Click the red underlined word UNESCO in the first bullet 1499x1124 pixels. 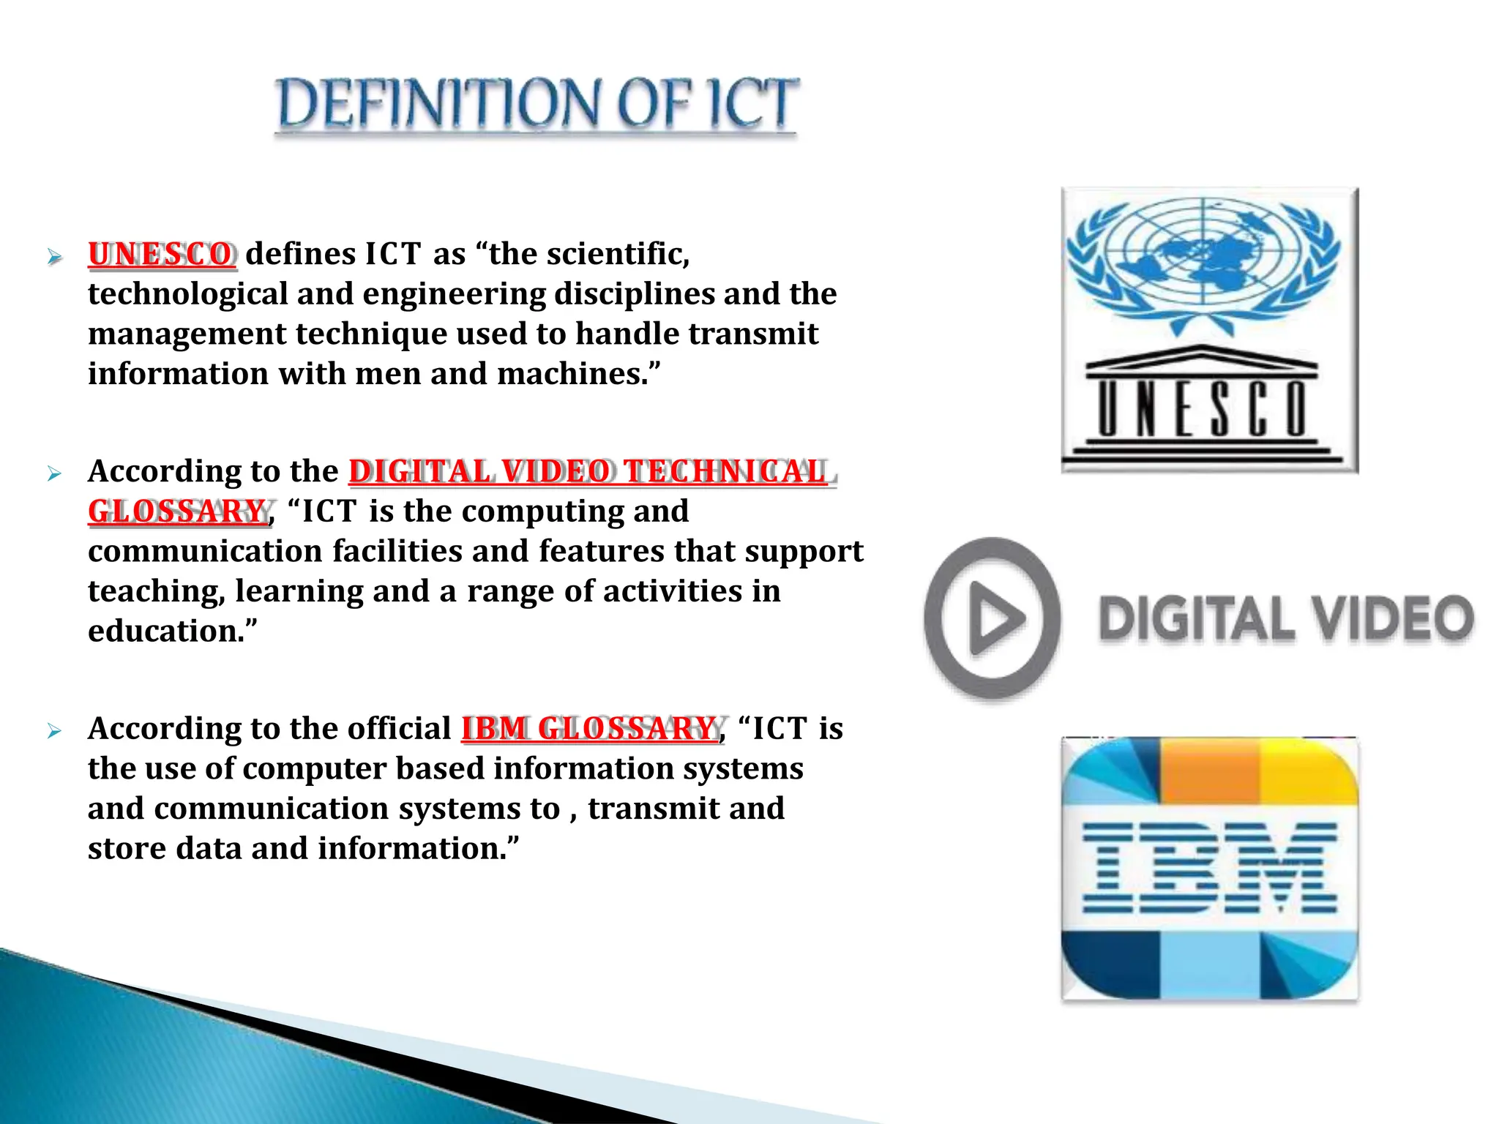[161, 254]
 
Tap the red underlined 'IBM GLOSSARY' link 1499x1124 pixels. [589, 728]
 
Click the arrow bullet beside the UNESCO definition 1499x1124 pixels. [54, 256]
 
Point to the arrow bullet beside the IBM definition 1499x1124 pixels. [54, 730]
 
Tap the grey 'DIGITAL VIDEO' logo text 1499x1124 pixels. [1285, 619]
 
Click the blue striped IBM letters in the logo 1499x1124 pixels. [1209, 868]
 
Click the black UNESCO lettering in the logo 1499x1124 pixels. [1203, 408]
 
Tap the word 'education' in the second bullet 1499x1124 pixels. [164, 631]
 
